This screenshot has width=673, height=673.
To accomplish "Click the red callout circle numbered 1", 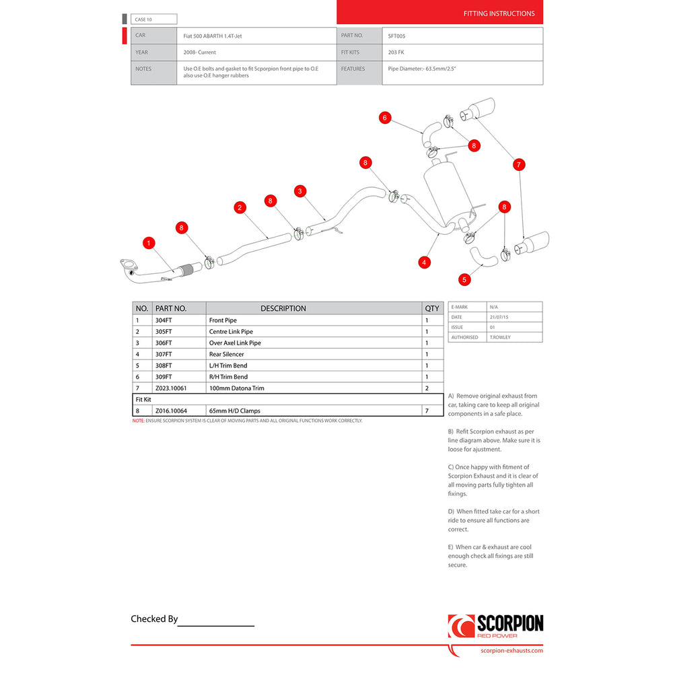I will click(149, 242).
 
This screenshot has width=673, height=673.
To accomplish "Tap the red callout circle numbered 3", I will click(300, 191).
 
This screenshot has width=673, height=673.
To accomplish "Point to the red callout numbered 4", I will click(424, 262).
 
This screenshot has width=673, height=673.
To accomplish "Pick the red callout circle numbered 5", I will click(464, 279).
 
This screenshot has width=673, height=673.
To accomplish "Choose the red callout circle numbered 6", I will click(385, 118).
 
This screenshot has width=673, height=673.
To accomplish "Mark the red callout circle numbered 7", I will click(518, 164).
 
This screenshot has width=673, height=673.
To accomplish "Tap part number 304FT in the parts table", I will click(163, 320).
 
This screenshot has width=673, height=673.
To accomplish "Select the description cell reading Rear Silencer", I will click(227, 354).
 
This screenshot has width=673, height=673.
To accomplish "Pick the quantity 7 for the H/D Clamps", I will click(427, 411).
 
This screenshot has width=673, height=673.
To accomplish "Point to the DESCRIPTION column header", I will click(283, 308).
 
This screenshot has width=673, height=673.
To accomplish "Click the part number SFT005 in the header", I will click(397, 36).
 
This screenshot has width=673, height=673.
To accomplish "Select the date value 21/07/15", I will click(499, 317).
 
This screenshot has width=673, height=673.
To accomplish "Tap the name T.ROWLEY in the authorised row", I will click(500, 337).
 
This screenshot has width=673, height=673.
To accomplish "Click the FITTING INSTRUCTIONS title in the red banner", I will click(499, 13).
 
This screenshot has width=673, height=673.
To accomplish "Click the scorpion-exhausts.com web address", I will click(511, 650).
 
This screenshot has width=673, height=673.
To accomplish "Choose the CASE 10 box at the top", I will click(155, 20).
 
